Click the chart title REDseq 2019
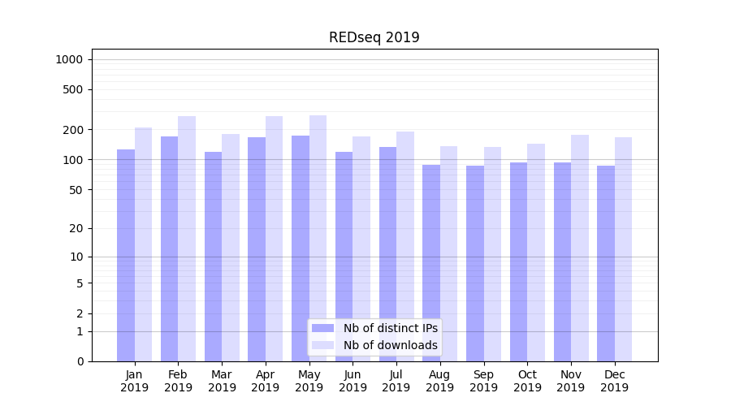[374, 37]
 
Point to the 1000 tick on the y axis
[69, 59]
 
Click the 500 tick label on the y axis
[74, 89]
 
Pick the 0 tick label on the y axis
[80, 361]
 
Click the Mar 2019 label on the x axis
[222, 381]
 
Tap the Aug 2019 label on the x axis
[440, 381]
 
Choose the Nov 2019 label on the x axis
[571, 381]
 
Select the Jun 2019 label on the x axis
[353, 381]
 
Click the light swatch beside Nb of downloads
[323, 345]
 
